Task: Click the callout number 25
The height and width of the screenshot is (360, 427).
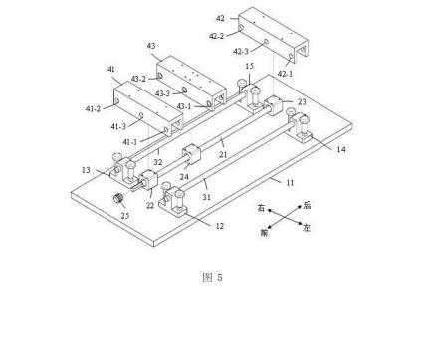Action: (x=124, y=216)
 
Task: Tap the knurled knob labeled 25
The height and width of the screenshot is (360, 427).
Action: (x=118, y=198)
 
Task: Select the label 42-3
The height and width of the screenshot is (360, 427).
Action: (x=241, y=51)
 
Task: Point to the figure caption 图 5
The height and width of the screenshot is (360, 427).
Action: (x=212, y=277)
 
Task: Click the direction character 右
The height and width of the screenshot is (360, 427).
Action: (x=262, y=208)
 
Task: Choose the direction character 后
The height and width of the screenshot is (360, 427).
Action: (x=307, y=206)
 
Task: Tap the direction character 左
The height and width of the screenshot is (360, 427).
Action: (x=307, y=228)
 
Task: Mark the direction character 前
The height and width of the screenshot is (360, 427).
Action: (x=264, y=233)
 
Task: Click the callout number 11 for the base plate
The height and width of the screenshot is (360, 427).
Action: (x=290, y=182)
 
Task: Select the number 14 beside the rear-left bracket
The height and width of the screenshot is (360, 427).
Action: (x=341, y=149)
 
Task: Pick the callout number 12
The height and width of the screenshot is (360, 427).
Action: (x=220, y=226)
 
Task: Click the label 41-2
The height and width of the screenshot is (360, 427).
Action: (x=93, y=108)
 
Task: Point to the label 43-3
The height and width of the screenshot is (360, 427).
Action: (x=162, y=93)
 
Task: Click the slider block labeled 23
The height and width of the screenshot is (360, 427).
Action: (x=273, y=105)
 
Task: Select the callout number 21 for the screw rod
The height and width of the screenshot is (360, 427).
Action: (x=223, y=154)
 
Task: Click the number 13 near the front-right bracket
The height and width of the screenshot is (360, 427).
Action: (x=86, y=170)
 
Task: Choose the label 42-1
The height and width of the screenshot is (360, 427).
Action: (x=285, y=74)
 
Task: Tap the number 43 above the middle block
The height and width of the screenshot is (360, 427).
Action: (x=151, y=46)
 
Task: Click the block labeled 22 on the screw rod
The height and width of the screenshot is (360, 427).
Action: (x=146, y=179)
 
